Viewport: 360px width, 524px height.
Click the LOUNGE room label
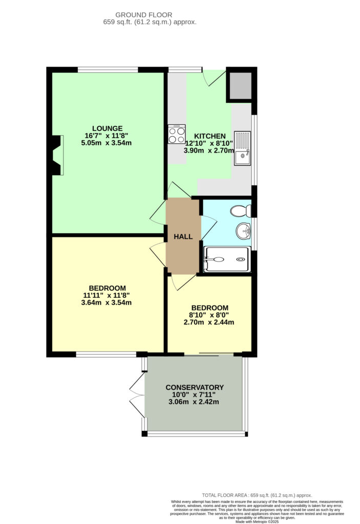(x=108, y=128)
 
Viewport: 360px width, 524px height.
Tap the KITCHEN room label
(x=210, y=136)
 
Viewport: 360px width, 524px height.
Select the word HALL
(x=183, y=236)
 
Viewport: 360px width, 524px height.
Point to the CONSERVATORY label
(x=195, y=387)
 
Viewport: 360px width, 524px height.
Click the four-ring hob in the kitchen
(x=177, y=134)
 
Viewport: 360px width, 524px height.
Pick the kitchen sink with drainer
(x=242, y=148)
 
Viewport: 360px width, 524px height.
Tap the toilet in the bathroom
(x=241, y=210)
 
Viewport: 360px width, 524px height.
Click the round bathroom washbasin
(x=244, y=231)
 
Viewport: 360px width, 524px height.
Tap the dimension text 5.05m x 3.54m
(x=107, y=143)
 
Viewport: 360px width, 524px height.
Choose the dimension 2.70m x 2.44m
(x=209, y=322)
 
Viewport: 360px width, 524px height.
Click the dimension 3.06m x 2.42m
(x=194, y=402)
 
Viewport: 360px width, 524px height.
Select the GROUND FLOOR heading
(x=144, y=15)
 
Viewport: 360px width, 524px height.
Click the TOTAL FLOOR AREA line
(x=257, y=495)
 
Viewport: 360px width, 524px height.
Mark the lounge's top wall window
(x=108, y=70)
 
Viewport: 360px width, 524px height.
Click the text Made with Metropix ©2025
(x=257, y=521)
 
